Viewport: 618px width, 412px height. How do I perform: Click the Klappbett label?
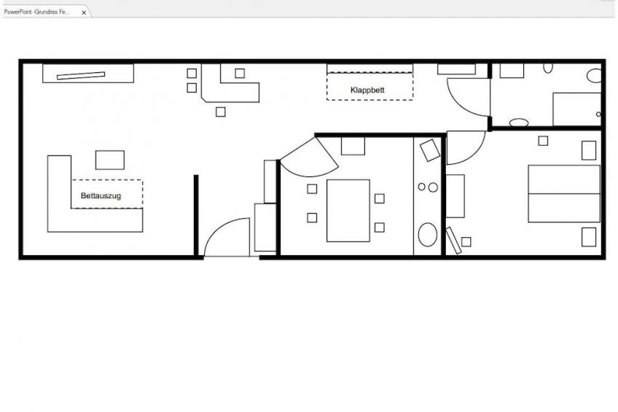point(367,90)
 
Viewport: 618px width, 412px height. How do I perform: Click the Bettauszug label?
point(101,195)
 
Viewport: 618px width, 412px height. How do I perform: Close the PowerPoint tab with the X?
point(84,12)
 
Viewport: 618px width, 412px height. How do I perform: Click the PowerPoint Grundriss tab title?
point(36,12)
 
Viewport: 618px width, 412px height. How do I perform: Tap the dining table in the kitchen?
point(348,211)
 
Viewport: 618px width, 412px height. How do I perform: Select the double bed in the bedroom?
point(564,193)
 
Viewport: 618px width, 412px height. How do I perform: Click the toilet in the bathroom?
point(594,75)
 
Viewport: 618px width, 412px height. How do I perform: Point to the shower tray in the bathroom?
point(576,109)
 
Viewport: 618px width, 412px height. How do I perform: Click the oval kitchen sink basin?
point(428,235)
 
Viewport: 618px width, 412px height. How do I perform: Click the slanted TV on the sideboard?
point(81,75)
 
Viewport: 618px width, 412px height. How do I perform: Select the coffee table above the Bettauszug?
point(110,160)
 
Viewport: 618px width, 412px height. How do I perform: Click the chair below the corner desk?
point(221,112)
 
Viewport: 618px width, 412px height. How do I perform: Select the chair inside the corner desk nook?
point(240,73)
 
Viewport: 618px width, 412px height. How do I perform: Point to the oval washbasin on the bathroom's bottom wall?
point(519,123)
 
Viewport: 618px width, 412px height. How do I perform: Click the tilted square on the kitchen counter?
point(430,150)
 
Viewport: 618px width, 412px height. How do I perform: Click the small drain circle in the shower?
point(598,114)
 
